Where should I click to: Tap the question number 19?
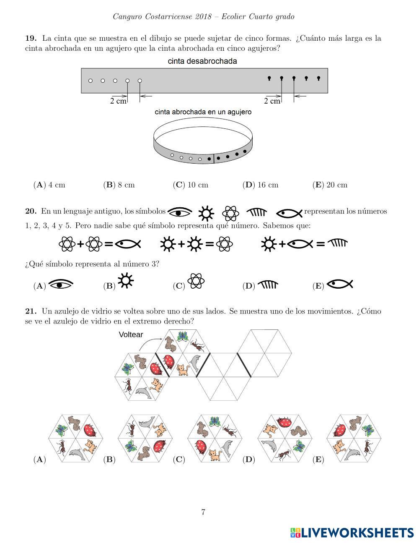(31, 38)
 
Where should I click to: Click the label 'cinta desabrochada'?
(202, 61)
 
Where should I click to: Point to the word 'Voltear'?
(131, 334)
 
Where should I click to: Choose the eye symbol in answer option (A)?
(61, 284)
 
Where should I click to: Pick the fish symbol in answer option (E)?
(340, 284)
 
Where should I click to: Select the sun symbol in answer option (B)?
(126, 280)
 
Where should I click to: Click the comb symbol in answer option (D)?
(268, 285)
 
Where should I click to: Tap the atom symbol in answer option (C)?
(196, 281)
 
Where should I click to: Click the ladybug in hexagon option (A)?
(90, 430)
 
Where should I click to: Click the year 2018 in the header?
(203, 17)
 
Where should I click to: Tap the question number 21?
(31, 311)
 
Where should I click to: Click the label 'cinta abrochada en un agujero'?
(203, 112)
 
